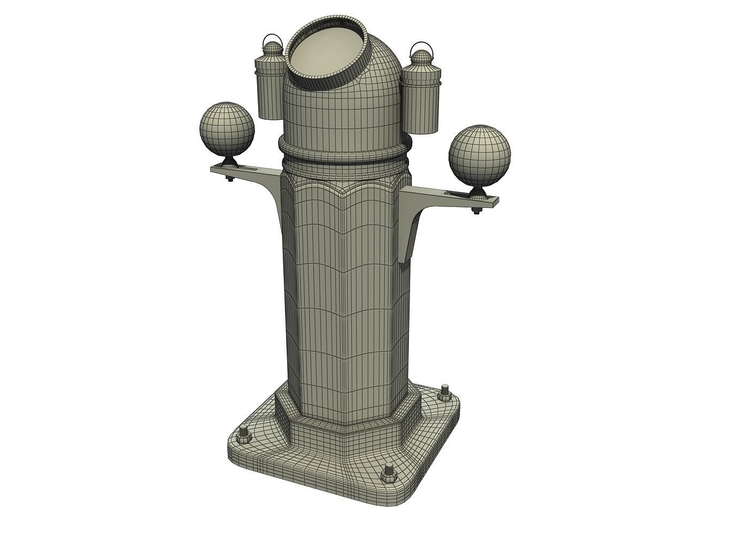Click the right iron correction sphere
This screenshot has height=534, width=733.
pyautogui.click(x=480, y=153)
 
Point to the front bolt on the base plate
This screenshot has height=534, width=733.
pyautogui.click(x=389, y=473)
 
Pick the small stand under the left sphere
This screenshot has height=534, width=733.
pyautogui.click(x=229, y=161)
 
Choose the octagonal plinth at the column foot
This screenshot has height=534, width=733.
pyautogui.click(x=348, y=417)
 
